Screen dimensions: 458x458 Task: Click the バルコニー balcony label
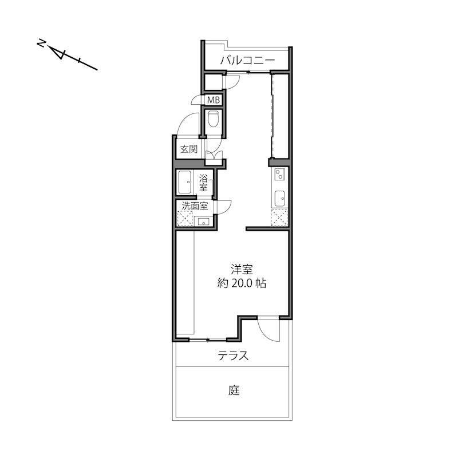[247, 61]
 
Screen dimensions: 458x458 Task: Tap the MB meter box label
[213, 100]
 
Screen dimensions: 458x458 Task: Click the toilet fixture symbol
[213, 119]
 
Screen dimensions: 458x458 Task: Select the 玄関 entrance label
[189, 149]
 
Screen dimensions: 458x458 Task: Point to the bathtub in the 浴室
[184, 182]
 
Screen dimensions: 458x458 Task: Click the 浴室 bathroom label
[203, 183]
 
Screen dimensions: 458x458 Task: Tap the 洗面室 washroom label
[195, 206]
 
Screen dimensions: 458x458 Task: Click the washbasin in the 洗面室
[203, 222]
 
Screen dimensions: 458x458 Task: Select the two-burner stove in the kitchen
[279, 174]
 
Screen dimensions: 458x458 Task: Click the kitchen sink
[280, 199]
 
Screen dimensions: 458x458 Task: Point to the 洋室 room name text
[242, 269]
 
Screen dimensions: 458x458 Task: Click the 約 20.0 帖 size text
[242, 283]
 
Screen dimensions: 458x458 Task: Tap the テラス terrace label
[233, 356]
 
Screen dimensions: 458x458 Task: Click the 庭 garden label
[234, 390]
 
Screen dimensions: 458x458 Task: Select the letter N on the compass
[41, 44]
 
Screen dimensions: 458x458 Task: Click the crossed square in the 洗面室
[185, 219]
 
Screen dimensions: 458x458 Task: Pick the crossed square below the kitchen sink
[279, 218]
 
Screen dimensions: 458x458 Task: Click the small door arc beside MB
[196, 98]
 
